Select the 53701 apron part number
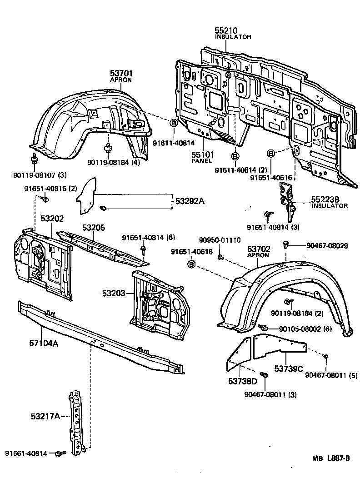click(121, 73)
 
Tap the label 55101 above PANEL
click(202, 154)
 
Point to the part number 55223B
click(325, 199)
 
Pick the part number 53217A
click(46, 416)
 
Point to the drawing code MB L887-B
click(331, 458)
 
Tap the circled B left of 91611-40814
click(173, 123)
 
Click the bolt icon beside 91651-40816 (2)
click(45, 199)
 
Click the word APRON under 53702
click(258, 255)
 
